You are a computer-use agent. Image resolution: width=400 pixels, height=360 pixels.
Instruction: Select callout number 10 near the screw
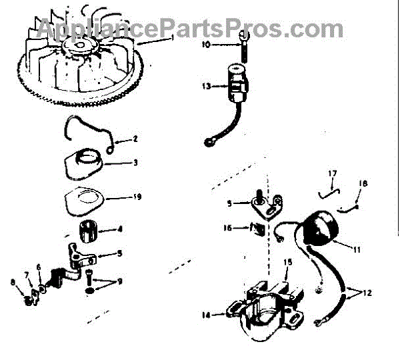tap(206, 45)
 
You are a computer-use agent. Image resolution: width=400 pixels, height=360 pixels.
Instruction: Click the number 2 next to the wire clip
tap(135, 139)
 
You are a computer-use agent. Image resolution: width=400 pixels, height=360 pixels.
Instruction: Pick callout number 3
tap(135, 162)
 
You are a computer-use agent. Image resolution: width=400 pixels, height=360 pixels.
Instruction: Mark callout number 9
tap(119, 281)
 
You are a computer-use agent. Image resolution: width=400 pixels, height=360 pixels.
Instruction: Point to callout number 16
tap(226, 227)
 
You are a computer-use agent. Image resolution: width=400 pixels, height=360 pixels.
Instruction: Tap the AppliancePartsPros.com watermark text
tap(190, 28)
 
